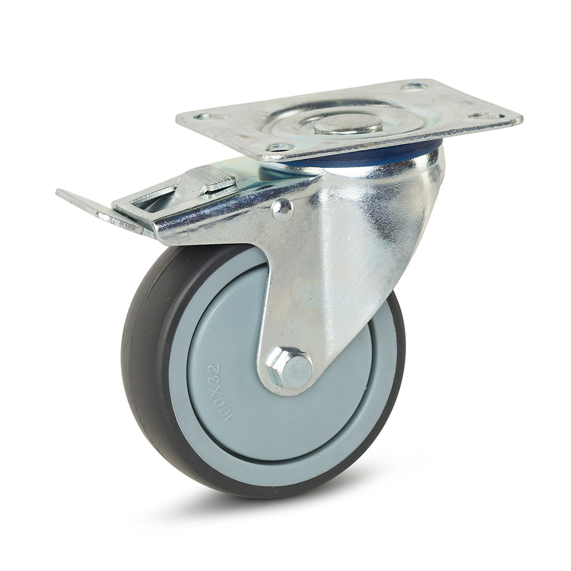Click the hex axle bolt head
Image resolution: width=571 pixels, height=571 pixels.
coord(290,368)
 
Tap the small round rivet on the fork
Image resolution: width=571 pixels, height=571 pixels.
coord(282,211)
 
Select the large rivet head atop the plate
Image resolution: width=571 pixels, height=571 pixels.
coord(348,124)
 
